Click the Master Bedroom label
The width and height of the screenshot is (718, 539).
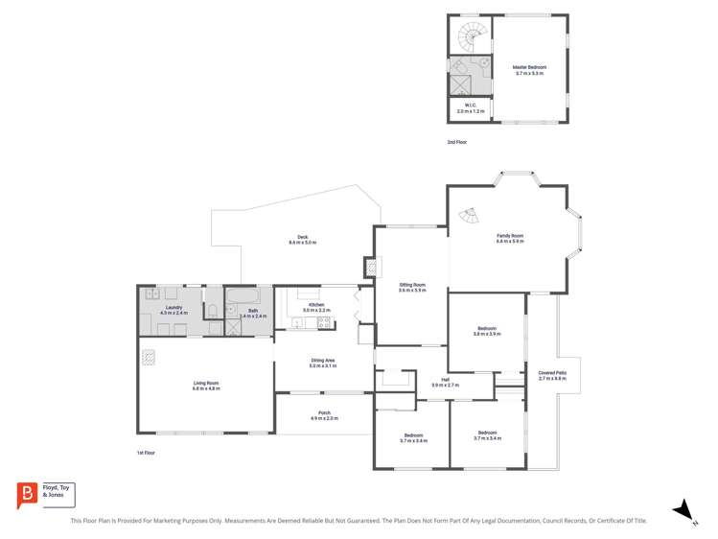(529, 67)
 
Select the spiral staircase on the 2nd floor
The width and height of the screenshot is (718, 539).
(471, 38)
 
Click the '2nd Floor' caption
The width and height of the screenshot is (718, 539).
(457, 142)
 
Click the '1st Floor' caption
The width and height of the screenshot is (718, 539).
(146, 452)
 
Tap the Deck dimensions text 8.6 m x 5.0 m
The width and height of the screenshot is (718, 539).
(302, 243)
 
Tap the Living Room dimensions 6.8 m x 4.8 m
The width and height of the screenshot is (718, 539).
(206, 388)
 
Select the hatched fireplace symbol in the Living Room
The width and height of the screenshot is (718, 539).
(149, 357)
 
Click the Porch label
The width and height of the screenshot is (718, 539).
(324, 413)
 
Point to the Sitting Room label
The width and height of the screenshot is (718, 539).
(412, 284)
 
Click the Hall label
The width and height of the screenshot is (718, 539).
(446, 380)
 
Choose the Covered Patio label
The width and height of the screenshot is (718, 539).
(552, 372)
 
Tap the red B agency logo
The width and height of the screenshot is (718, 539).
(27, 494)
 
